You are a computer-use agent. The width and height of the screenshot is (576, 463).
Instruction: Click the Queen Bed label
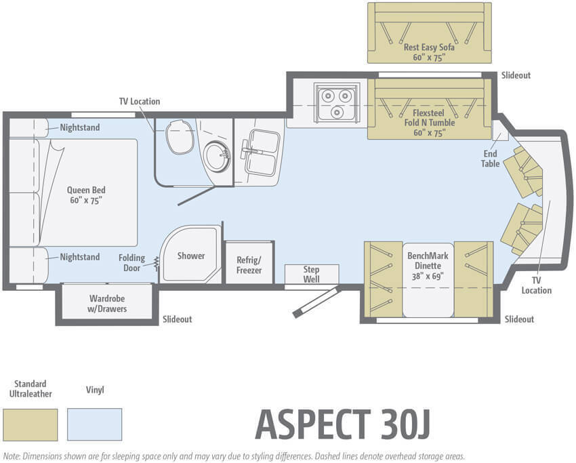pyautogui.click(x=86, y=195)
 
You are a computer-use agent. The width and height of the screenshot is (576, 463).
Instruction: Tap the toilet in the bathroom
pyautogui.click(x=180, y=137)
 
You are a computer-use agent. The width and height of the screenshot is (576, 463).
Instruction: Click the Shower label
pyautogui.click(x=191, y=256)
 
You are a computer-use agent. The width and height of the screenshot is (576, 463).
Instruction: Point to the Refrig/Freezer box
pyautogui.click(x=249, y=262)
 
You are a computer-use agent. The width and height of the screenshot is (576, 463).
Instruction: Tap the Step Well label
pyautogui.click(x=311, y=274)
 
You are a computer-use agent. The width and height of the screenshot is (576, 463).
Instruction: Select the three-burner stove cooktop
pyautogui.click(x=337, y=102)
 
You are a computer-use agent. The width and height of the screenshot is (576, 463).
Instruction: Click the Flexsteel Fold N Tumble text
pyautogui.click(x=429, y=123)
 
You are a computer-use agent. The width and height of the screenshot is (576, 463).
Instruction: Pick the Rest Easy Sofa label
pyautogui.click(x=429, y=52)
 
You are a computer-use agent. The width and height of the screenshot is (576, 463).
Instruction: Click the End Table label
pyautogui.click(x=491, y=159)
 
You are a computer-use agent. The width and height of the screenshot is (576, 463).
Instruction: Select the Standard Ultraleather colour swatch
pyautogui.click(x=30, y=424)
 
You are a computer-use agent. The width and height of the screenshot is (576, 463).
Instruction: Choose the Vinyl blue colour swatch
pyautogui.click(x=94, y=424)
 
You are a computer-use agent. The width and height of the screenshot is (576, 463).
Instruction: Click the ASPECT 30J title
pyautogui.click(x=342, y=424)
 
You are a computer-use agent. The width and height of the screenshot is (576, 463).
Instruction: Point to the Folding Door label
pyautogui.click(x=131, y=263)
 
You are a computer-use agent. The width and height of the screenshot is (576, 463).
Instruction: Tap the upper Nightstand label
pyautogui.click(x=80, y=127)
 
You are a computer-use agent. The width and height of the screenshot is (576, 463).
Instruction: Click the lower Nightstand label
pyautogui.click(x=80, y=257)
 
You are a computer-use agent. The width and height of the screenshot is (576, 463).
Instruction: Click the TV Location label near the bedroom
pyautogui.click(x=140, y=102)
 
